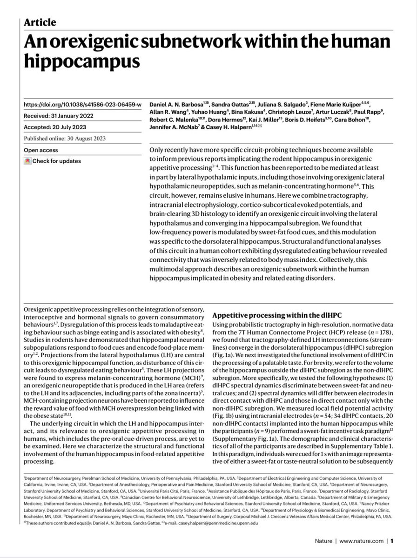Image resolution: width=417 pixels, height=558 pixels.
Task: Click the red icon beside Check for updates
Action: pos(28,161)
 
